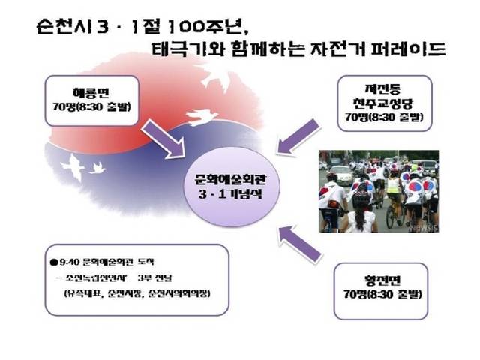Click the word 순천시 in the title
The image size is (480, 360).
coord(60,29)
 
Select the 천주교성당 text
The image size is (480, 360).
coord(385,103)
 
